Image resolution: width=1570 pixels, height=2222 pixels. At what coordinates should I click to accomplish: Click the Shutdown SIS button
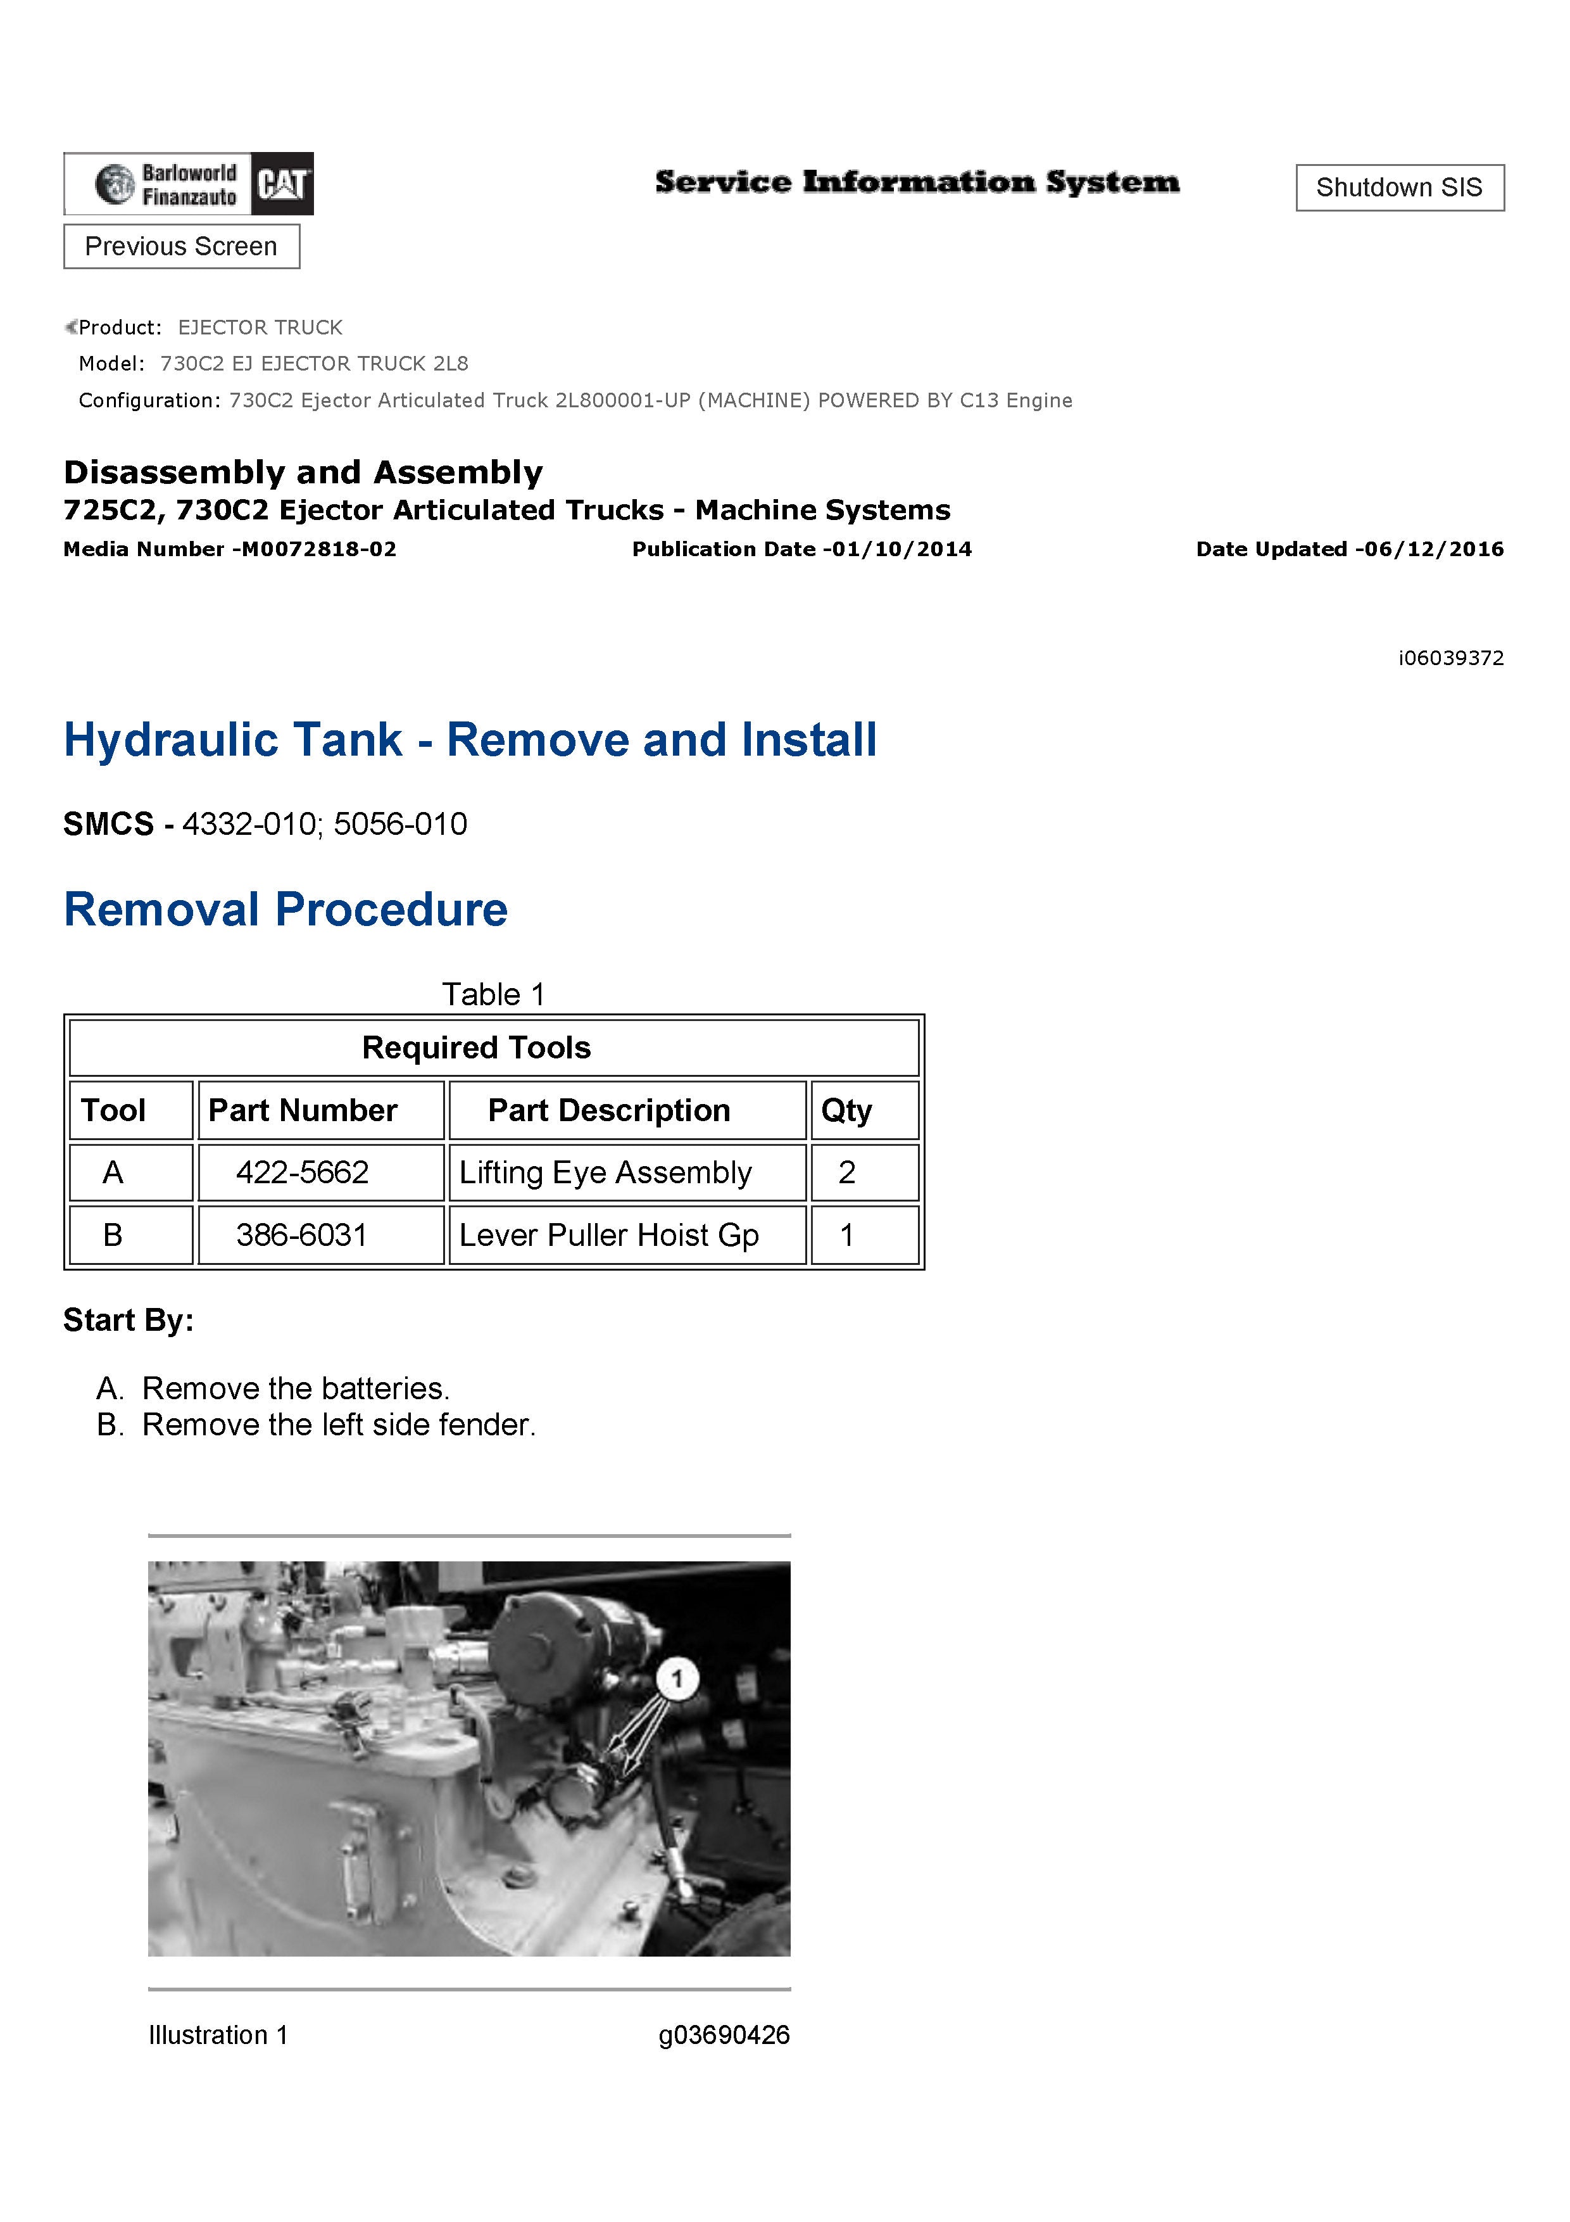(x=1399, y=187)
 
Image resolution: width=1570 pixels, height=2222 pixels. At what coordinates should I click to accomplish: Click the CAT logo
(x=282, y=184)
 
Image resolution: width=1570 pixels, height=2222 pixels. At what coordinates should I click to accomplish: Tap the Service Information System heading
(x=917, y=182)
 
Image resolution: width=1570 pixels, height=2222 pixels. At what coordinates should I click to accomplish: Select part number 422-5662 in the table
(x=303, y=1173)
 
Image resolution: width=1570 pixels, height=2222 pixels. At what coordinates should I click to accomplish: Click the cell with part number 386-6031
(x=303, y=1235)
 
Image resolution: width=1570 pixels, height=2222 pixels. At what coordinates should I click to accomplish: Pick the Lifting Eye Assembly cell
(x=606, y=1173)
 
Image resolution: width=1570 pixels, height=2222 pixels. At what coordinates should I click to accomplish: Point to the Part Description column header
(x=608, y=1110)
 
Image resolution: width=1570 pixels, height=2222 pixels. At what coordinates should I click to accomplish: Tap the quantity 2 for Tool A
(x=848, y=1173)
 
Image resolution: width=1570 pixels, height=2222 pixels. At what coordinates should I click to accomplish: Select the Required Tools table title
(x=476, y=1047)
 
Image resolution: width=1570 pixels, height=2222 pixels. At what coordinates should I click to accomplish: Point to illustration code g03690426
(x=724, y=2035)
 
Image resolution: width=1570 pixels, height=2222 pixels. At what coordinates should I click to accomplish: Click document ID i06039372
(x=1450, y=658)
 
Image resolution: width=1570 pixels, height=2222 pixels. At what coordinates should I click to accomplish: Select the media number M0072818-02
(x=318, y=550)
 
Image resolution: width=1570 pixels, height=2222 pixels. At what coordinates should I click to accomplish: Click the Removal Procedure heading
(x=286, y=910)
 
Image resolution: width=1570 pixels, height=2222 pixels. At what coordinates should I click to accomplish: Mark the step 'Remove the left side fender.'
(x=339, y=1425)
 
